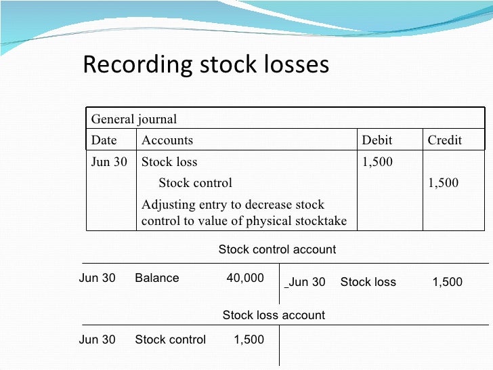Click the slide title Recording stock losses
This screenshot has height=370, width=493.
tap(205, 65)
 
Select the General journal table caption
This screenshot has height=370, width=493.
tap(133, 120)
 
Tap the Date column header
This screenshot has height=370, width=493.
tap(104, 140)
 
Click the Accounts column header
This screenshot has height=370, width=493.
tap(167, 140)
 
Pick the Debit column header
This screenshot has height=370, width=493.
tap(377, 140)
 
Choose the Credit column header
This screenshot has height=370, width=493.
tap(444, 140)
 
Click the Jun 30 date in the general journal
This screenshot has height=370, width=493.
tap(109, 162)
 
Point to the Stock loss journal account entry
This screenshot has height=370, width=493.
tap(169, 162)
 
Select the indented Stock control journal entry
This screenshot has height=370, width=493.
tap(195, 182)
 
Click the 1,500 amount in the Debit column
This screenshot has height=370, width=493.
tap(377, 162)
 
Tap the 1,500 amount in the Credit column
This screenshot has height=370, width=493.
tap(444, 182)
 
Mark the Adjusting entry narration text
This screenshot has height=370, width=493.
tap(244, 213)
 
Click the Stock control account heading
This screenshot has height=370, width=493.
tap(277, 249)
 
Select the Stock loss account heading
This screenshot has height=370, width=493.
tap(274, 315)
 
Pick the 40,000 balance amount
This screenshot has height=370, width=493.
tap(244, 278)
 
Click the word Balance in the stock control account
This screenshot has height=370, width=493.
tap(157, 278)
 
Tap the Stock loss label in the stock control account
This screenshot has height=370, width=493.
tap(368, 282)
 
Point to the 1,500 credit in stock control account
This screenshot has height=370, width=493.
tap(447, 282)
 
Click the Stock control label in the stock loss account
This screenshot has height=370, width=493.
tap(170, 340)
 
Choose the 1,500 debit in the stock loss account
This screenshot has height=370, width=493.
tap(249, 340)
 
